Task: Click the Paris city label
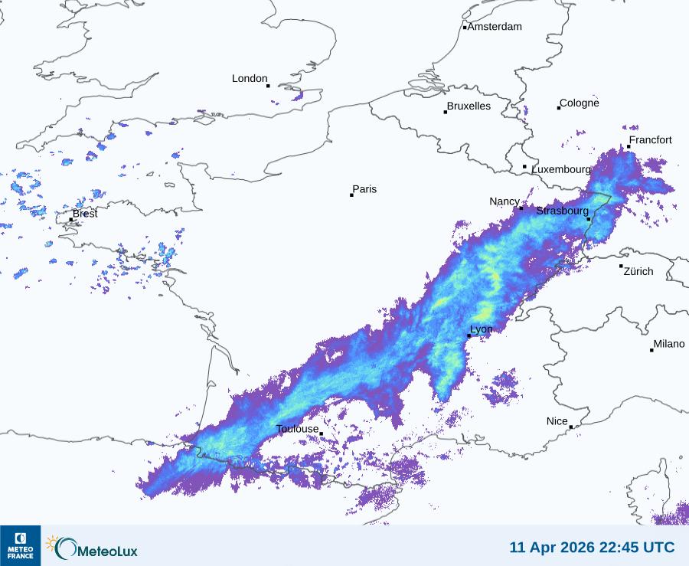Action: click(x=364, y=189)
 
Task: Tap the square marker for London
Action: click(x=268, y=86)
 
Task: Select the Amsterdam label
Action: click(x=495, y=27)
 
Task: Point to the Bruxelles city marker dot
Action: click(x=446, y=112)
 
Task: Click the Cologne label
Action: click(x=580, y=103)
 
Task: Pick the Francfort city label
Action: click(x=651, y=140)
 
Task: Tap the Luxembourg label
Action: click(x=562, y=168)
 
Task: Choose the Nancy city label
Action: click(x=505, y=201)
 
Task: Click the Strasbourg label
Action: click(x=563, y=211)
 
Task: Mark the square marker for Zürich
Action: click(x=621, y=266)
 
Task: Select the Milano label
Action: click(x=669, y=344)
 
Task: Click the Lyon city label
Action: click(x=482, y=330)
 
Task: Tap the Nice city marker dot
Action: click(x=571, y=427)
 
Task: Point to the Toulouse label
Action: click(x=297, y=429)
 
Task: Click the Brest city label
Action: click(x=85, y=214)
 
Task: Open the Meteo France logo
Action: click(x=20, y=545)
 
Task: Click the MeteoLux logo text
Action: click(x=107, y=549)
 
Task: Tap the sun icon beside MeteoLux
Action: click(x=53, y=543)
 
